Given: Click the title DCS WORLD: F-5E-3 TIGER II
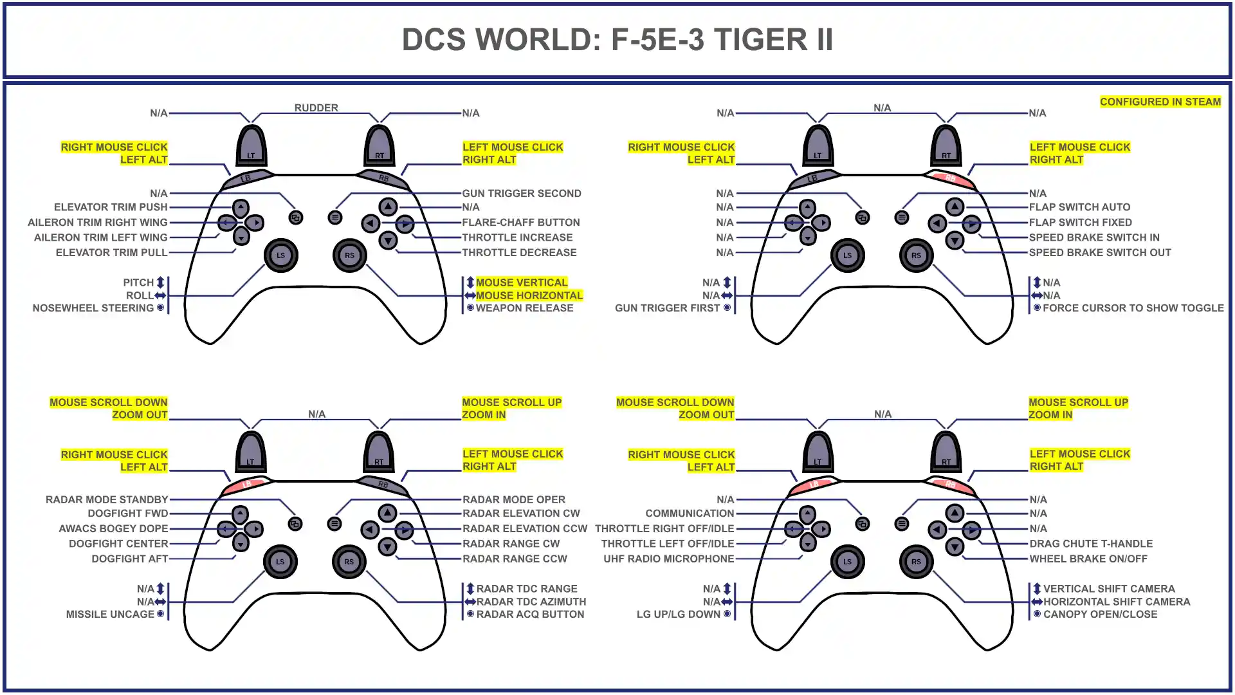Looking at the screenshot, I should (617, 40).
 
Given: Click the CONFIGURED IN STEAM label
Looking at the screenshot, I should (1160, 102).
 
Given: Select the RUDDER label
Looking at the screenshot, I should (316, 107).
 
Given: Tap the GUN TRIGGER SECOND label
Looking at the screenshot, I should (521, 193).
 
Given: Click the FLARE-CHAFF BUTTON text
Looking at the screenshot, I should (520, 222).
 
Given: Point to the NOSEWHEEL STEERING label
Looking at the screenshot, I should (93, 308).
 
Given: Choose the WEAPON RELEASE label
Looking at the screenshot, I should (524, 308).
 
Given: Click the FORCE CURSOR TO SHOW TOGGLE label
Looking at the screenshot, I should (1132, 308).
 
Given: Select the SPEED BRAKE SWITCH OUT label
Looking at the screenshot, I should (1099, 252).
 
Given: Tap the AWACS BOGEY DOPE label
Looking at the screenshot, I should (113, 528).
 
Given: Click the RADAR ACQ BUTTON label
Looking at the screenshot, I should (529, 614).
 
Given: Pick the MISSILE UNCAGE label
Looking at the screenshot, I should (110, 614).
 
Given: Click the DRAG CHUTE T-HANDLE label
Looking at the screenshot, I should (1090, 544).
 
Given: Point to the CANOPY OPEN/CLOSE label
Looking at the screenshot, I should (1099, 614).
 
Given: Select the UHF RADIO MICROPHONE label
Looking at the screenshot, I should (668, 559).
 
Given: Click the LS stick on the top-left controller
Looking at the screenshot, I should (280, 255).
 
